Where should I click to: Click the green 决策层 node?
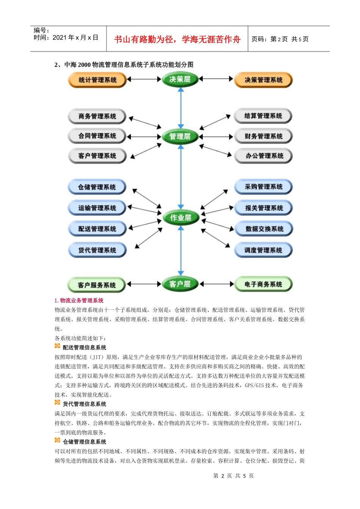[180, 79]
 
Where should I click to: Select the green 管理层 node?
[180, 136]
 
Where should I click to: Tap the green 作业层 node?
[180, 218]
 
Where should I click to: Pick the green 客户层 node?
[180, 284]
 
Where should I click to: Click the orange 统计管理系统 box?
[97, 80]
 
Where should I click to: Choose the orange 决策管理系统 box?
[263, 80]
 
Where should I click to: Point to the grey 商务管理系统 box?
[97, 116]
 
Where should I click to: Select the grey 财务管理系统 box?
[263, 136]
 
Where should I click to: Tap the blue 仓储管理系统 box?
[97, 187]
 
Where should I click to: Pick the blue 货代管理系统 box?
[97, 250]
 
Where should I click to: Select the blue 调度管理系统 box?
[263, 250]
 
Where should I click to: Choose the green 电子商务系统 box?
[263, 284]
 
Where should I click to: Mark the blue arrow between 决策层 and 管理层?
[181, 108]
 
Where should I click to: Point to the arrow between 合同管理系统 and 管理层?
[144, 136]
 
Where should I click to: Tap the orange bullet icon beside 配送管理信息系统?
[57, 346]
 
